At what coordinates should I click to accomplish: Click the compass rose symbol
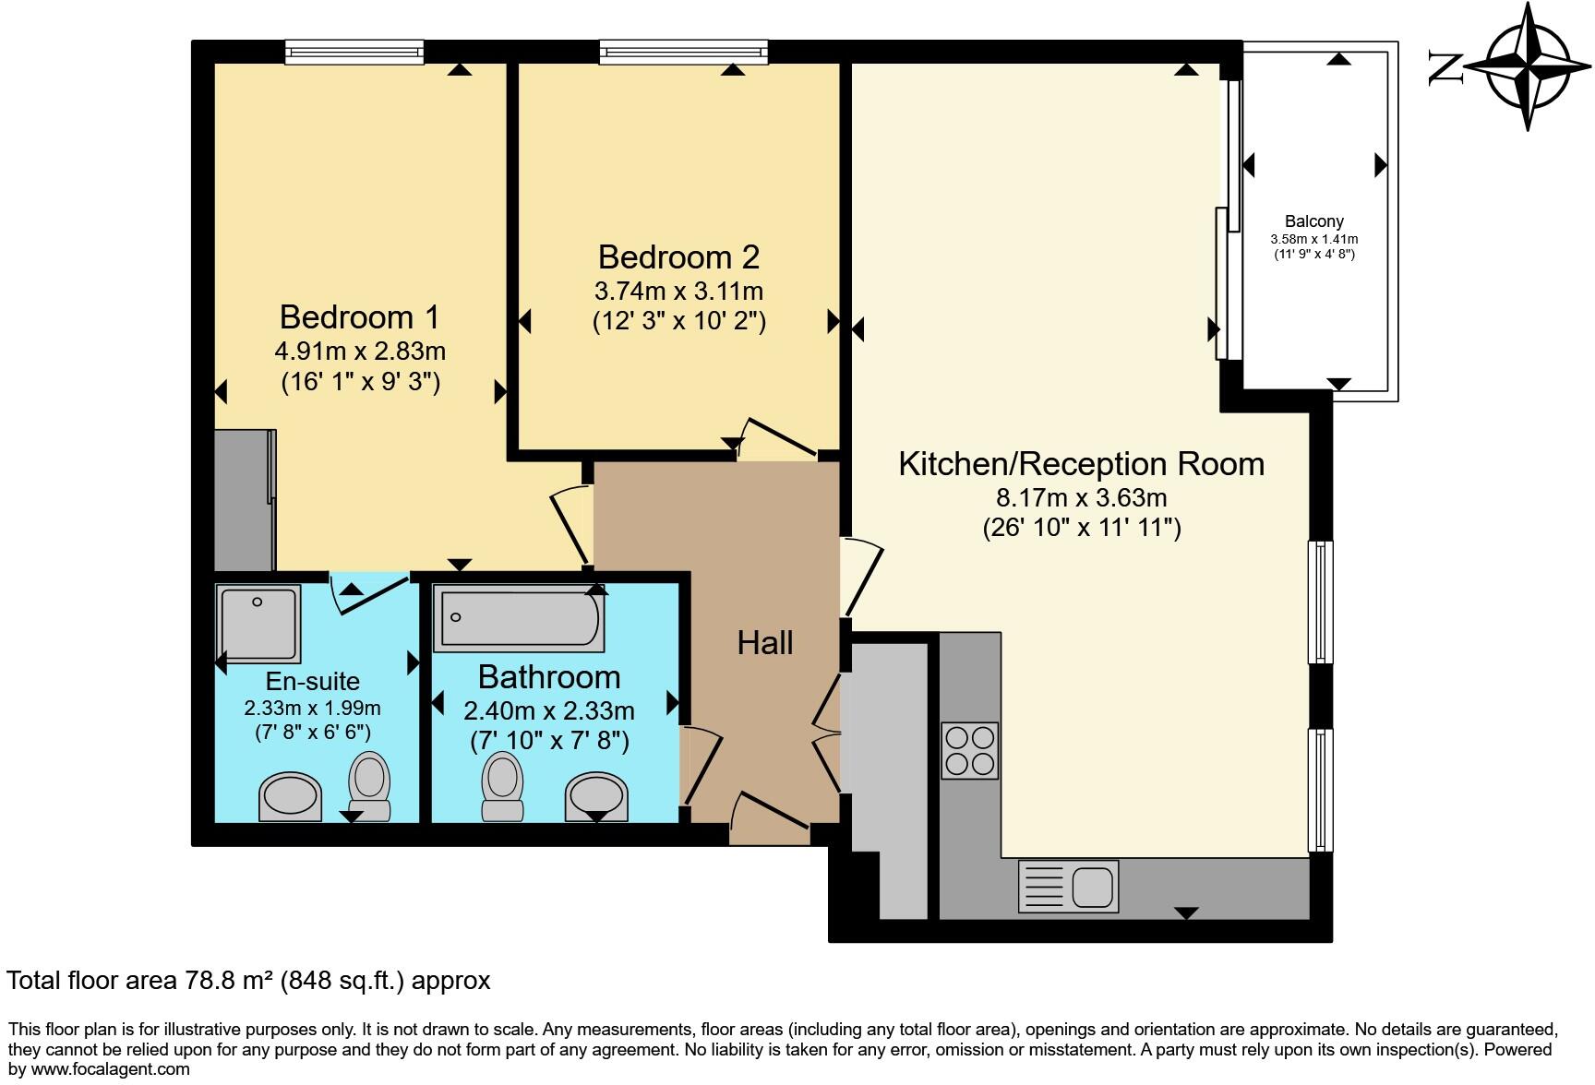(1528, 66)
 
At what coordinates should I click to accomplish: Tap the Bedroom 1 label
(360, 317)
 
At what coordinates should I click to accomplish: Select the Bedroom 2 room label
(678, 256)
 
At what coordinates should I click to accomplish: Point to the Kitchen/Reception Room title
(1082, 463)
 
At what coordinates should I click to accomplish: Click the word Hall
(765, 643)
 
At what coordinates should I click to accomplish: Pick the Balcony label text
(1314, 221)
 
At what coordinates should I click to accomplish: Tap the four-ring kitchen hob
(970, 751)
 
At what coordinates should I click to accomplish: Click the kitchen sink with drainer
(1068, 886)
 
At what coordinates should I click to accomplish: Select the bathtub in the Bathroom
(522, 617)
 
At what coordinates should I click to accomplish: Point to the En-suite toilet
(370, 786)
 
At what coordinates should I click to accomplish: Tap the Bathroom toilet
(503, 786)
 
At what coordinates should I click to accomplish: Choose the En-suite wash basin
(291, 796)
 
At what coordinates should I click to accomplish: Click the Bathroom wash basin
(597, 796)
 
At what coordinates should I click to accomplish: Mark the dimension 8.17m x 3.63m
(1082, 498)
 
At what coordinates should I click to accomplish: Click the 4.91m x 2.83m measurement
(360, 351)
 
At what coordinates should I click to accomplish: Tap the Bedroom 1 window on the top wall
(354, 52)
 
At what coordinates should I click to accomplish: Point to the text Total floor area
(90, 980)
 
